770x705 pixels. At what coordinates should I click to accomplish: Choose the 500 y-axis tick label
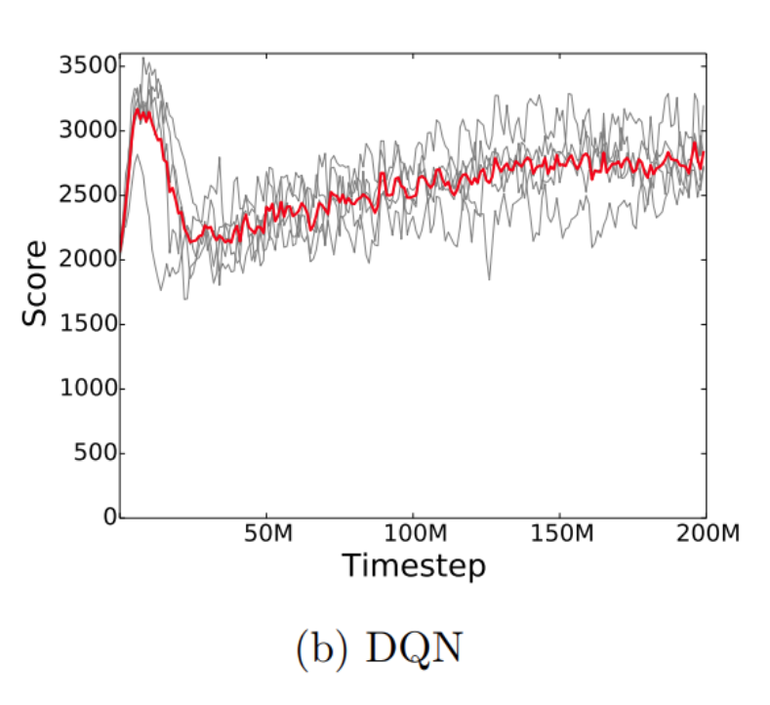pos(94,453)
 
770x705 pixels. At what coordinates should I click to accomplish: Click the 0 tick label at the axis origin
pos(110,517)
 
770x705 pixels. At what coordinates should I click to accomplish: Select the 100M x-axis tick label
pos(413,536)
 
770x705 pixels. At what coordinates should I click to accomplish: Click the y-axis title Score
pos(35,283)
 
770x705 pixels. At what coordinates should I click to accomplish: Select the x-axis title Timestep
pos(413,565)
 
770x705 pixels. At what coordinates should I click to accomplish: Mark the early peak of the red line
pos(140,109)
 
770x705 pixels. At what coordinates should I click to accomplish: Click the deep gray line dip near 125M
pos(489,279)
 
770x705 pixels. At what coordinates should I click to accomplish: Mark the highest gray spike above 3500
pos(143,58)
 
